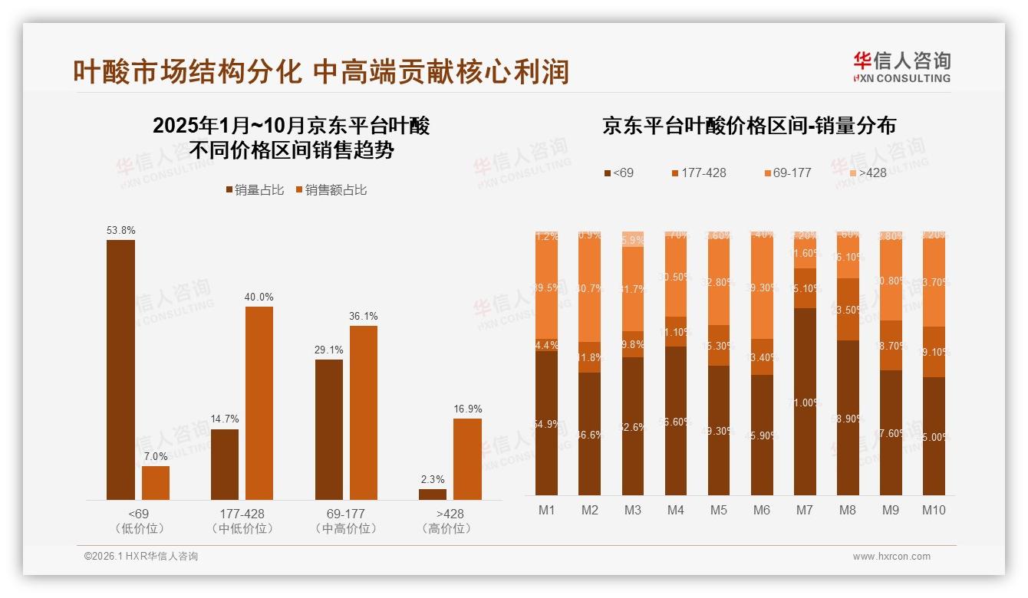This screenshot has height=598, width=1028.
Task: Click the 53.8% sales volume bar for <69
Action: point(120,370)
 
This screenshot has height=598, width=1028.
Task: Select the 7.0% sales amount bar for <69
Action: point(156,483)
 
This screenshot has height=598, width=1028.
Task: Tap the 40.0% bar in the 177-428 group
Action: point(259,403)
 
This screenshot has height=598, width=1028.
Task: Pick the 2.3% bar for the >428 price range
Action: point(433,495)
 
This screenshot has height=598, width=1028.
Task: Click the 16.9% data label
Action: point(467,409)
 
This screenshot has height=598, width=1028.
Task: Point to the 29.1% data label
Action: point(328,350)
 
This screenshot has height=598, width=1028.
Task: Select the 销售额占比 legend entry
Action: point(331,190)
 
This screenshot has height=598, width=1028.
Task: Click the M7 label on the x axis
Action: point(805,510)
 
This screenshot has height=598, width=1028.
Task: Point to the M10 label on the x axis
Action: point(933,510)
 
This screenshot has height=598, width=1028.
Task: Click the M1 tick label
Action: point(546,510)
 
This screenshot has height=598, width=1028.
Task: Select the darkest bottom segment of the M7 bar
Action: point(805,402)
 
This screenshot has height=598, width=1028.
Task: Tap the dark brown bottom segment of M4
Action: point(676,420)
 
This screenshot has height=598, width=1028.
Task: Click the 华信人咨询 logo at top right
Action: point(901,67)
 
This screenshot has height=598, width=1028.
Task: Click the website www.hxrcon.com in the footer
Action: point(891,557)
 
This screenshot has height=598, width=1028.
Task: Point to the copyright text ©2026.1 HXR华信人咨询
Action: point(141,557)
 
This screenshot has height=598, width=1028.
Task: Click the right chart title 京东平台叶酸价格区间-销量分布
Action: point(749,126)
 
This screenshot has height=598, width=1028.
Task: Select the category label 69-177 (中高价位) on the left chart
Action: point(345,521)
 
